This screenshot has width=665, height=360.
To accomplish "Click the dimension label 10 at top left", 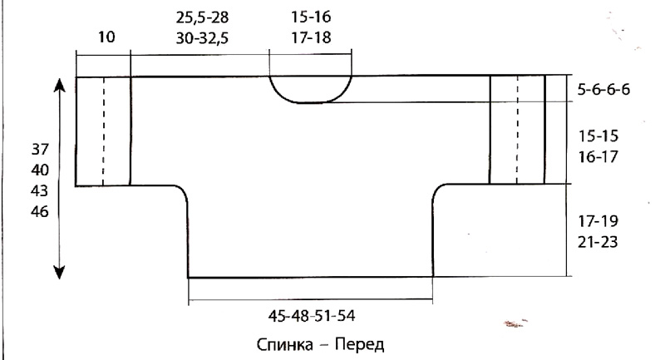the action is coord(106,37).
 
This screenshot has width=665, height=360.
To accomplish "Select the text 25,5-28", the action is coord(202,17).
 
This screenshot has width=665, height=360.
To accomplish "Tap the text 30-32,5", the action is coord(202,38).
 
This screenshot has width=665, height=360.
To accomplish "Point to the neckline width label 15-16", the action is coord(311,17).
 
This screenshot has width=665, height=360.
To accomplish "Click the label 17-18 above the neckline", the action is coord(311,37).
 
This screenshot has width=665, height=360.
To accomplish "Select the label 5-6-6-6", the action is coord(604,90).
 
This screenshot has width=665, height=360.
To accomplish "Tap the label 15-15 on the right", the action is coord(598,136).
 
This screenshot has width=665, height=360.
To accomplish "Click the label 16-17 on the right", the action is coord(598,157).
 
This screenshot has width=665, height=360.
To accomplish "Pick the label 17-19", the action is coord(598,221).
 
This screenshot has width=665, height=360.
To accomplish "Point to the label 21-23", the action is coord(598,242).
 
